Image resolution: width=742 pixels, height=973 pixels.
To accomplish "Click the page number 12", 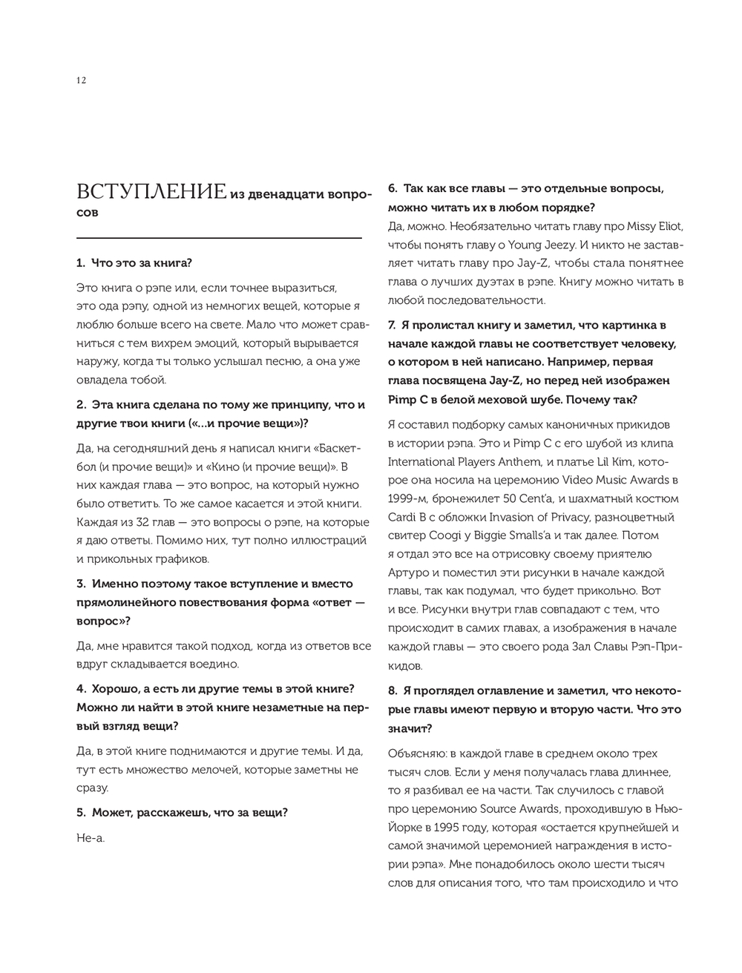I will (81, 81).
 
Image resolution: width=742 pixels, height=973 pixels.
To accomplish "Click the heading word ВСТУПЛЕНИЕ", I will (151, 193).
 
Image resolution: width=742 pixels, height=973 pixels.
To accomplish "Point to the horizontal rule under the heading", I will (219, 237).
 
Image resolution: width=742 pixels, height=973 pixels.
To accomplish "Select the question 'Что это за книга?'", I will (141, 263).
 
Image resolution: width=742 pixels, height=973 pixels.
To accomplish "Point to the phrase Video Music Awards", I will (601, 481).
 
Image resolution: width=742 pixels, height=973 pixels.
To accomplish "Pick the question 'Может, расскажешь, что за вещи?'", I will (182, 813).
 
